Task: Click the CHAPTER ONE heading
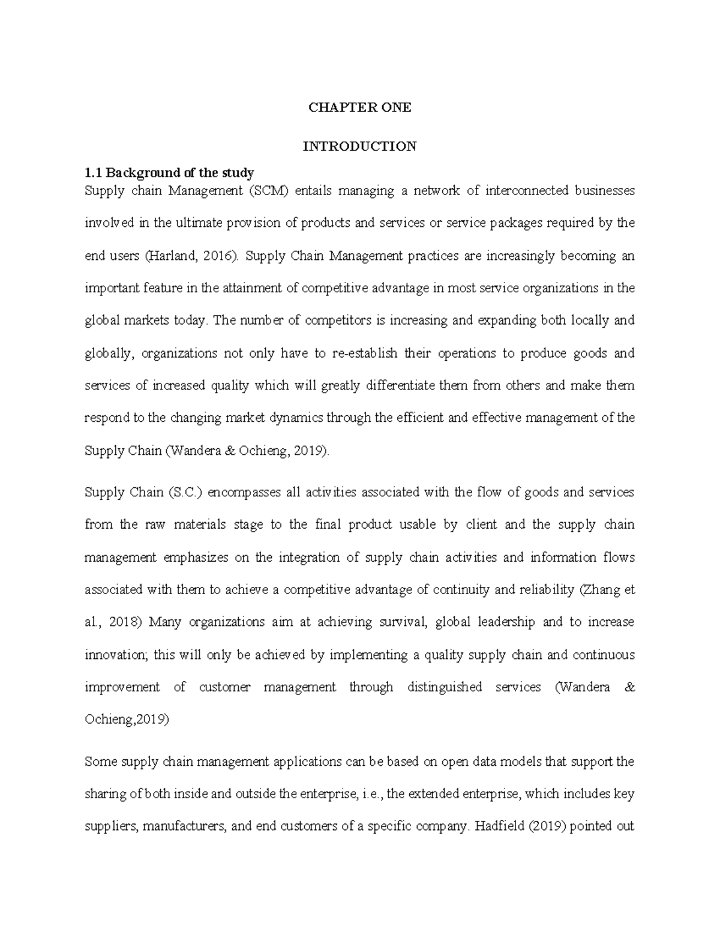[359, 108]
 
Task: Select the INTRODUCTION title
[359, 146]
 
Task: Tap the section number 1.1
[94, 173]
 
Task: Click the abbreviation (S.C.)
[187, 493]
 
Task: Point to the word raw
[155, 525]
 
